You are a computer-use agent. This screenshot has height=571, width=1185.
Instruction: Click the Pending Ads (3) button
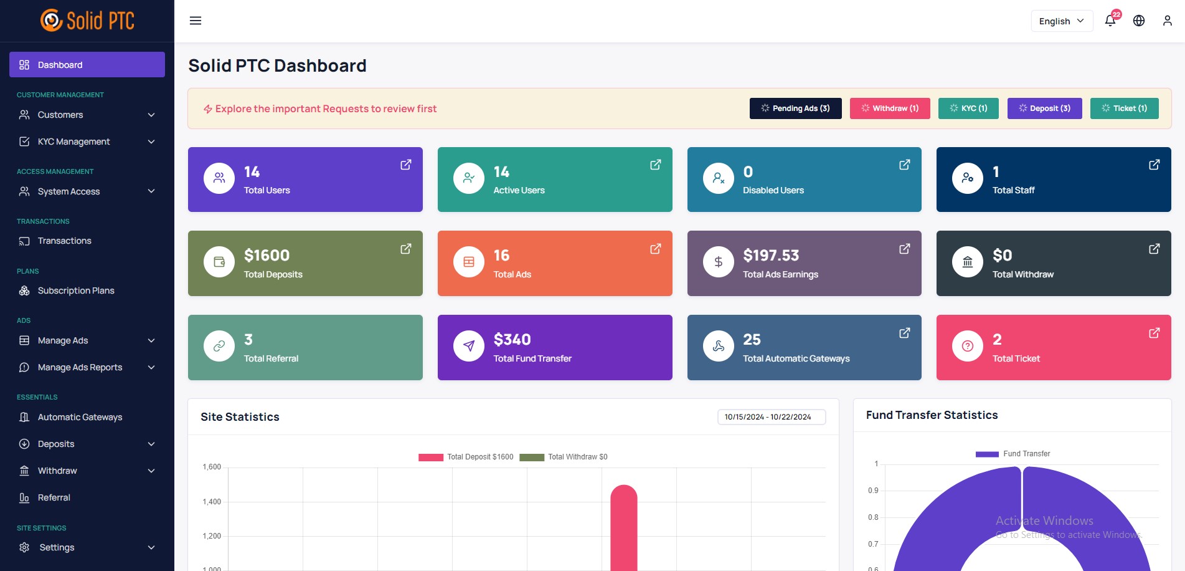click(x=795, y=108)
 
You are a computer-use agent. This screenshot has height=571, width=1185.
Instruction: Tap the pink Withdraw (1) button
click(x=889, y=108)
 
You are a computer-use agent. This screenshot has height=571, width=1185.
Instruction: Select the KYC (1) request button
click(x=968, y=108)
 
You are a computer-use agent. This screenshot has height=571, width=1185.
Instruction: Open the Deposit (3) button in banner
click(x=1044, y=108)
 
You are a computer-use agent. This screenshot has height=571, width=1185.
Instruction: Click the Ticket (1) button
click(x=1124, y=108)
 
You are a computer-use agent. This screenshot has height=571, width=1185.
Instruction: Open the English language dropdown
click(x=1061, y=21)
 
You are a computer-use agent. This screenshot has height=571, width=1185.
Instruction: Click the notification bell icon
click(x=1110, y=21)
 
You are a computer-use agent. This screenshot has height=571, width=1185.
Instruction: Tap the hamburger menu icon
click(x=196, y=21)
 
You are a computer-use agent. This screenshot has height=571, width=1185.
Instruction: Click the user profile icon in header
click(x=1167, y=21)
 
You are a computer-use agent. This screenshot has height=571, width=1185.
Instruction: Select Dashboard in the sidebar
click(x=87, y=65)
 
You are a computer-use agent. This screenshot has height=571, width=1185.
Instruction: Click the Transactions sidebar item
click(x=64, y=241)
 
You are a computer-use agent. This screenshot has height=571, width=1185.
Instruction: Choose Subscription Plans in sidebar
click(x=75, y=290)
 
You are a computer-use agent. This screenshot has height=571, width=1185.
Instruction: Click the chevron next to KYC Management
click(x=151, y=142)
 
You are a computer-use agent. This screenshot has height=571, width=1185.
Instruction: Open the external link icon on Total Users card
click(x=405, y=165)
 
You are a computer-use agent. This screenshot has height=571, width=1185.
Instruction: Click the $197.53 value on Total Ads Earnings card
click(x=771, y=256)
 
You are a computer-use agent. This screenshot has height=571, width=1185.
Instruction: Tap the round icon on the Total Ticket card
click(x=967, y=346)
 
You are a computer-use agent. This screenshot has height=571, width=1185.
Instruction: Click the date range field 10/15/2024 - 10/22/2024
click(x=771, y=417)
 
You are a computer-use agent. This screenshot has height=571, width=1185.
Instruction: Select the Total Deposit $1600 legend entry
click(x=466, y=457)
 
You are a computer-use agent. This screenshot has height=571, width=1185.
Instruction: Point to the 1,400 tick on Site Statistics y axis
click(x=212, y=502)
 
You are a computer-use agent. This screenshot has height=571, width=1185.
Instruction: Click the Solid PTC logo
click(x=87, y=21)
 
